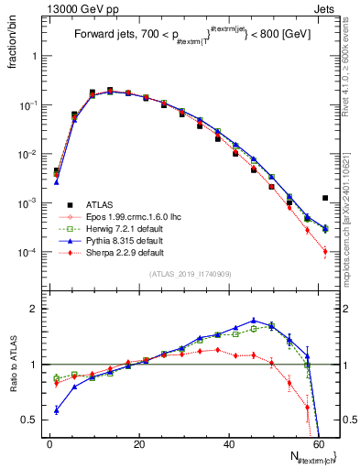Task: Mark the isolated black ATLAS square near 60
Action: point(325,198)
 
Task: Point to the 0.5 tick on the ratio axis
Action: point(31,420)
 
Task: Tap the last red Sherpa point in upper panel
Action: point(325,251)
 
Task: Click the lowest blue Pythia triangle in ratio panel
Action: point(56,410)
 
